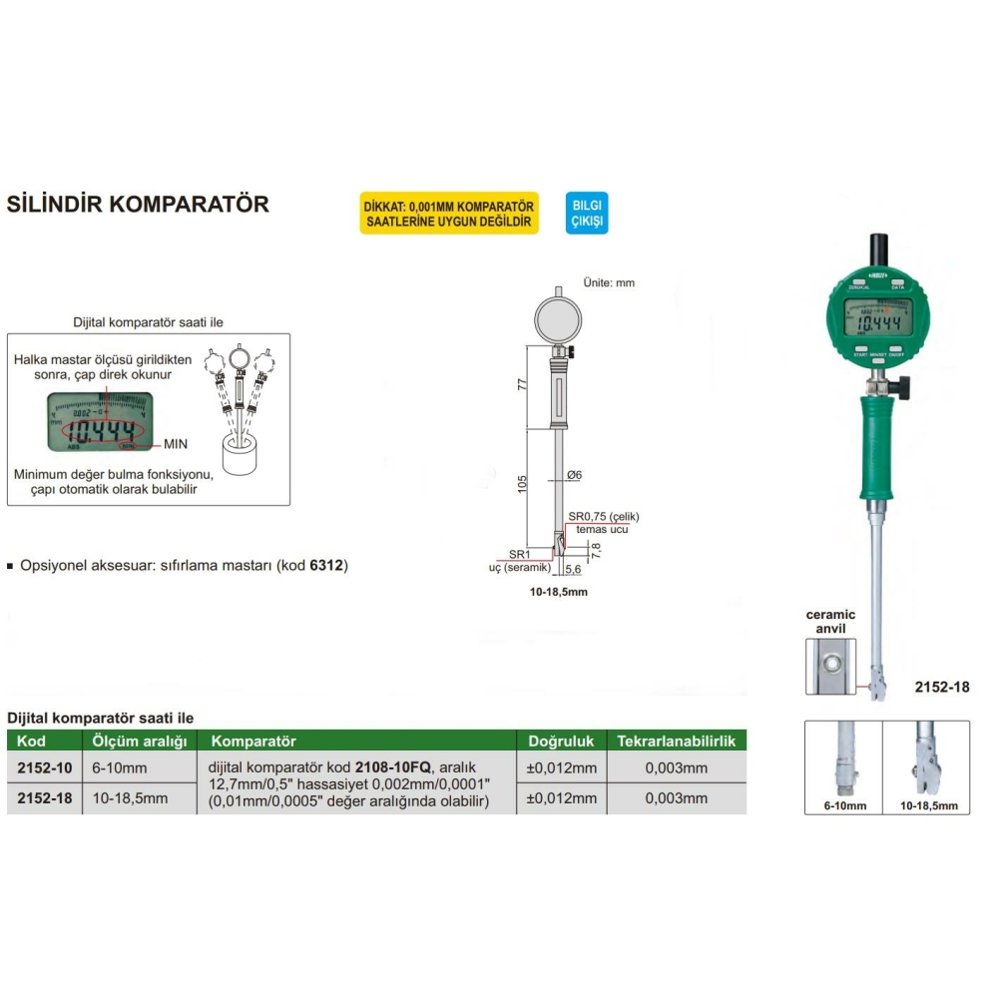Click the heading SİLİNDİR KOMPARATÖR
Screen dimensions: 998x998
[x=138, y=205]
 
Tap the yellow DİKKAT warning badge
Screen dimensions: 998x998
[x=449, y=213]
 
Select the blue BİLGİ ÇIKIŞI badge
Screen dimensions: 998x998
[x=587, y=213]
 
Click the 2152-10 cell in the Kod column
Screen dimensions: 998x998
[x=45, y=767]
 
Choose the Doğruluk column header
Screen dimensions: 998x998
[x=560, y=742]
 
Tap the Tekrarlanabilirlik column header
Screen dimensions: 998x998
[x=676, y=742]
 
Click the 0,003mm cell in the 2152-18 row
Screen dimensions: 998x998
[x=676, y=797]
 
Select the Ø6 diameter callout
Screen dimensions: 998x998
[x=574, y=475]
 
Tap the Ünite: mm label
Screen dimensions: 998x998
[x=609, y=282]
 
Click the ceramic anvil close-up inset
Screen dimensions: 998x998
[x=830, y=666]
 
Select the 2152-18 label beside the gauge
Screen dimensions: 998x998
[x=941, y=687]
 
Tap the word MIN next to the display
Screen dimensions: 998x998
[x=176, y=441]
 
